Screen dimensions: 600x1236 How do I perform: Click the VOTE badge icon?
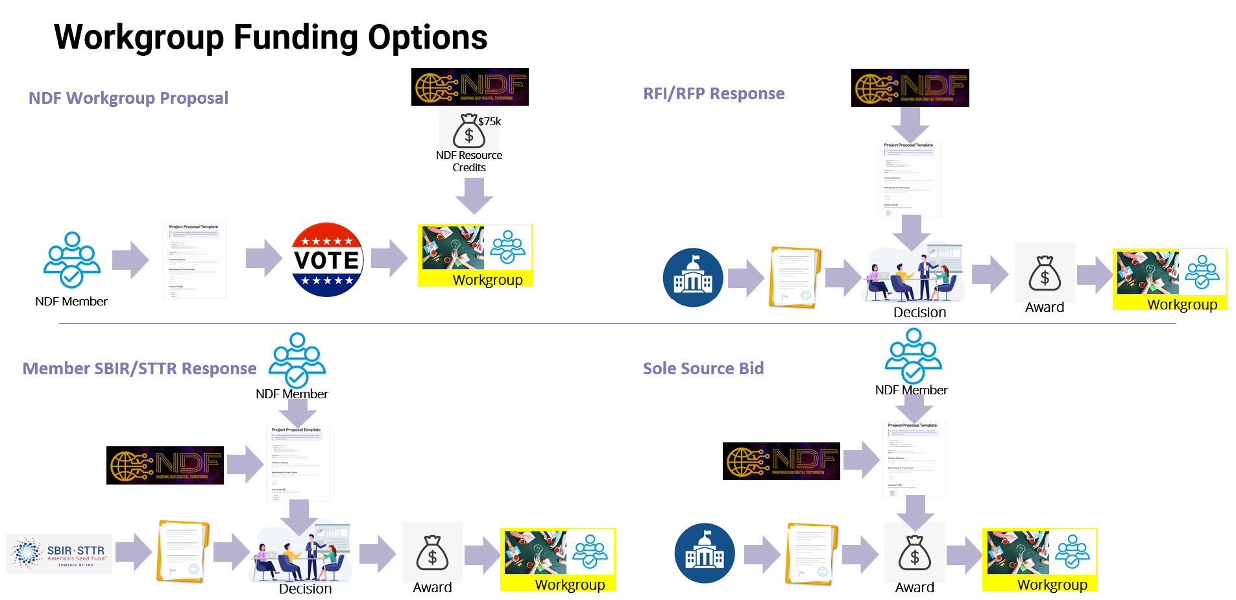point(327,260)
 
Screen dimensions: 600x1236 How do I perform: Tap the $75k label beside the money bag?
point(489,121)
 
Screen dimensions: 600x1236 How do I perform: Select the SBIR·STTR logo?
point(60,553)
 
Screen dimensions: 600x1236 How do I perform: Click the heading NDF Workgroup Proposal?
point(128,98)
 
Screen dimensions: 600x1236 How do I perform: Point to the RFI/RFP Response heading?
point(714,93)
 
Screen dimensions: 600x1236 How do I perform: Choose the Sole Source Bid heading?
point(703,368)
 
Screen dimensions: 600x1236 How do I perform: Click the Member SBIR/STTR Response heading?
point(139,368)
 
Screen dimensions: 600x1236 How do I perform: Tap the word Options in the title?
point(428,37)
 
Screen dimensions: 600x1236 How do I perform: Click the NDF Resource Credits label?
point(469,161)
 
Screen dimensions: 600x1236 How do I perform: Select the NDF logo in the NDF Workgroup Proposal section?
point(470,87)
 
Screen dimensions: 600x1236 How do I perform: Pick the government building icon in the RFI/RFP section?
point(693,278)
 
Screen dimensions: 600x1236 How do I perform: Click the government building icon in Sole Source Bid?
point(705,553)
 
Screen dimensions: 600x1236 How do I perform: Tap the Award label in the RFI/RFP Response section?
point(1045,307)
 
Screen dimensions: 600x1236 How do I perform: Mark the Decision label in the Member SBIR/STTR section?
point(305,589)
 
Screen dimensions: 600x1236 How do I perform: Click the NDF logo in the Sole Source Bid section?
point(781,461)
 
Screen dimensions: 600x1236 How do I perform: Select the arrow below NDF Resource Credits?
point(474,195)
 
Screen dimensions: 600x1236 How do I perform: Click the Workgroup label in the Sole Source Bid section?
point(1052,584)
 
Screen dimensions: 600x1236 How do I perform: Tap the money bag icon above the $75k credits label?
point(468,131)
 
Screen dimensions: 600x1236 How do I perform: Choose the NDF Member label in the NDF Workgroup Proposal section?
point(71,302)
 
